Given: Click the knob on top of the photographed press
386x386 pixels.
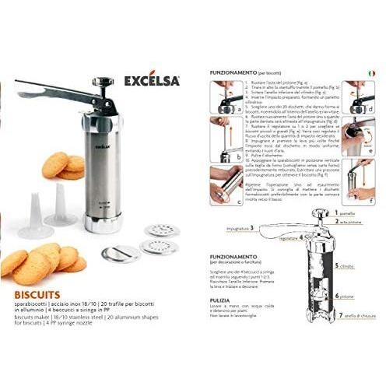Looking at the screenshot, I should tap(100, 80).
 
